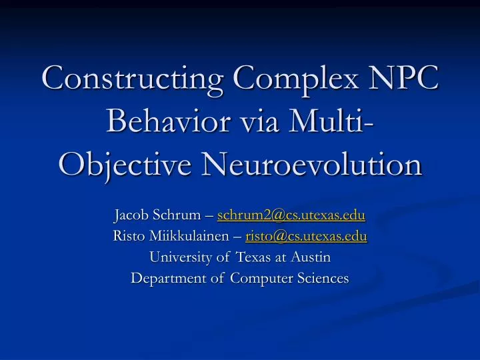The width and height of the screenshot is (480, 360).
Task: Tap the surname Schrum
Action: click(183, 216)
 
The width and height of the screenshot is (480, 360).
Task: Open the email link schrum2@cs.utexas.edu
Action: click(291, 216)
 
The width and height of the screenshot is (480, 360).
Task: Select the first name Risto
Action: click(128, 235)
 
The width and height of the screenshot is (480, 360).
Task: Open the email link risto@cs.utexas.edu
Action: click(306, 235)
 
